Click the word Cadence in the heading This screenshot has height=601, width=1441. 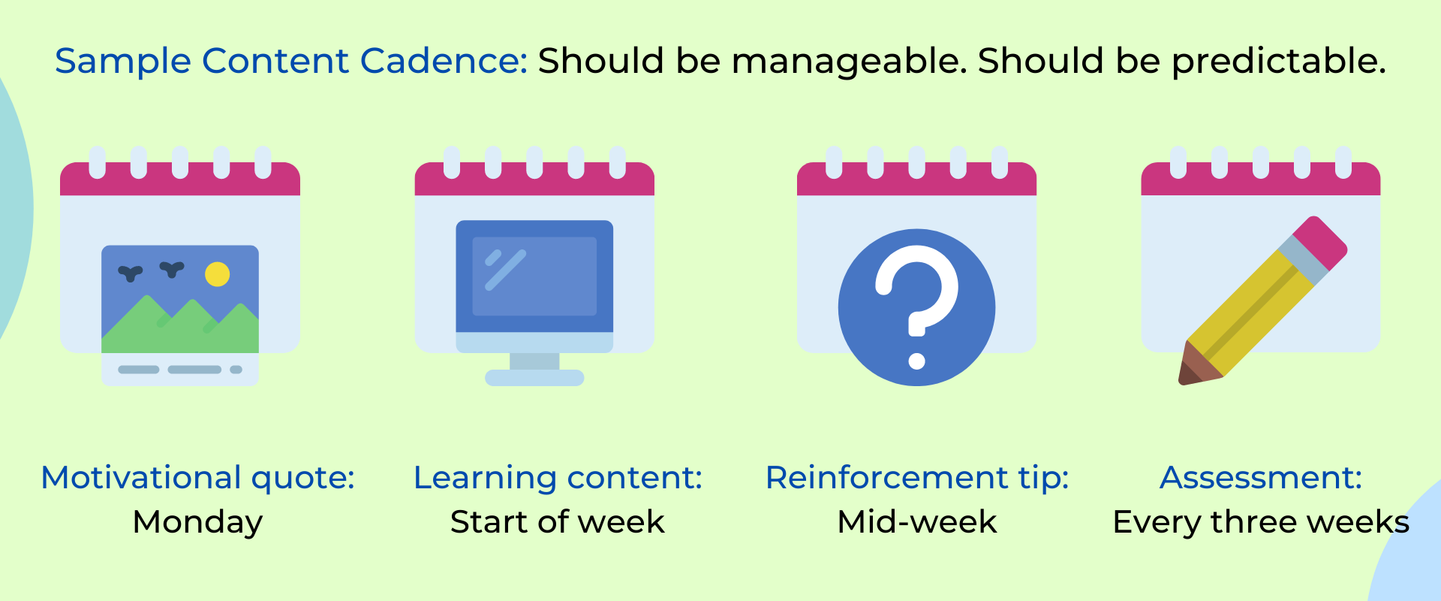(x=444, y=61)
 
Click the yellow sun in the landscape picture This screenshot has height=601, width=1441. (x=217, y=274)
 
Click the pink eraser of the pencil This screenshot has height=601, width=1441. (x=1320, y=243)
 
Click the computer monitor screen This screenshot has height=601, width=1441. (x=534, y=276)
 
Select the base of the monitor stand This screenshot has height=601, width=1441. (x=534, y=378)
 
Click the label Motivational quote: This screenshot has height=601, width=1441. (x=198, y=479)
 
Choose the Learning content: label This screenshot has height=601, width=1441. (x=558, y=479)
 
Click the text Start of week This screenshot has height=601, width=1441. (x=558, y=522)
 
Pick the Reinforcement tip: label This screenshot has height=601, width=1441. (x=917, y=479)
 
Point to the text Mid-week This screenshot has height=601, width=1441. (x=917, y=522)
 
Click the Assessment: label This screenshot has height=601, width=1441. (x=1261, y=478)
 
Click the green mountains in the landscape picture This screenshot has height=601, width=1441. (x=180, y=328)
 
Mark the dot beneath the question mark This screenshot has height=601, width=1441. (x=916, y=361)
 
